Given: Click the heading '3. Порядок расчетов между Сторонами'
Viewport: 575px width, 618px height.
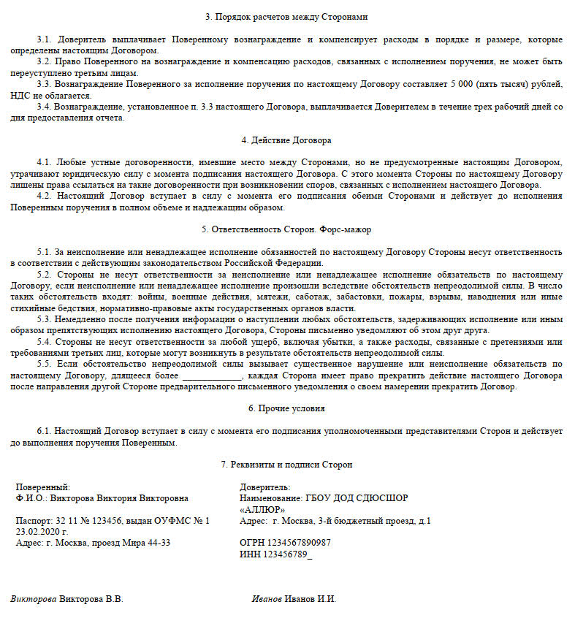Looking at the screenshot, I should pos(286,16).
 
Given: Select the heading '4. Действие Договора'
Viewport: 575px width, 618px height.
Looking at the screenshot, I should pos(286,140).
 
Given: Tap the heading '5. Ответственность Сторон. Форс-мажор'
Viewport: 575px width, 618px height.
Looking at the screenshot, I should pos(286,229).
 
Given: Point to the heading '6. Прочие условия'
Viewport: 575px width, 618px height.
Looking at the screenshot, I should pos(286,409).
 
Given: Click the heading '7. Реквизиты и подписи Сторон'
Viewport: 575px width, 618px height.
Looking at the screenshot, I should pos(286,465).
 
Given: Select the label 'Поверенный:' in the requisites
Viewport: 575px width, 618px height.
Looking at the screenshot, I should pos(43,487).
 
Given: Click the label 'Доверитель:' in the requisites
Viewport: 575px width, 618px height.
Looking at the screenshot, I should pos(264,487).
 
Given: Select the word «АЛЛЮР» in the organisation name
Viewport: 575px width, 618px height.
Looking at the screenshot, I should pos(262,509).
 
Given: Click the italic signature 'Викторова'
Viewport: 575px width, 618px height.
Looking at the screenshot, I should pos(33,599).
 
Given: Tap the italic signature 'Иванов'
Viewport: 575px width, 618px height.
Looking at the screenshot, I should pos(267,599).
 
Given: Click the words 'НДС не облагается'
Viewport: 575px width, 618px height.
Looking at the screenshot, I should pos(50,96).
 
